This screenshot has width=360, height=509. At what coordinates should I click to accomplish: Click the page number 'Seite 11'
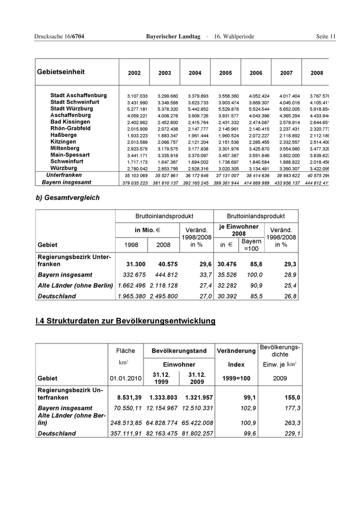point(326,37)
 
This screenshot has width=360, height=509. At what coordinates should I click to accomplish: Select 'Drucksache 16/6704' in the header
point(59,37)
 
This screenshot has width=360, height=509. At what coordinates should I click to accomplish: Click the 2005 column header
point(225,73)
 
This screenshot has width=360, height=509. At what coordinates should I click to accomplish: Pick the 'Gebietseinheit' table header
point(61,72)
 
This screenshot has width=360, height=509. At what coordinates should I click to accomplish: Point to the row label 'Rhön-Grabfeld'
point(70,129)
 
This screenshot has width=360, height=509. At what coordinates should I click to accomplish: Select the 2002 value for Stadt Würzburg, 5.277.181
point(137,109)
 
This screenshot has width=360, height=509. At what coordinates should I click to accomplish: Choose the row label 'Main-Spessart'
point(70,155)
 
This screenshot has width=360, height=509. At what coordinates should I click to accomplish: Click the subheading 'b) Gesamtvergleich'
point(67,197)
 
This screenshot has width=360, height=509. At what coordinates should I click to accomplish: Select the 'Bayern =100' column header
point(251,245)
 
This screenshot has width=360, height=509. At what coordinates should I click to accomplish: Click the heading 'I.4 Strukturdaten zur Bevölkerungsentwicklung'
point(125,321)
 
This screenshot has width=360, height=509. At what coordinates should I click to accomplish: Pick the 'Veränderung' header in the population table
point(236,351)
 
